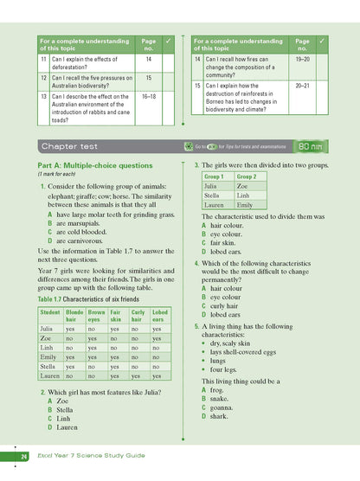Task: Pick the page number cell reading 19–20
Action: (x=302, y=61)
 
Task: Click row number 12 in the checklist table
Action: (x=43, y=78)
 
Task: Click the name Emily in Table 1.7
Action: (x=48, y=356)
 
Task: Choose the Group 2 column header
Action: (x=246, y=176)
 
